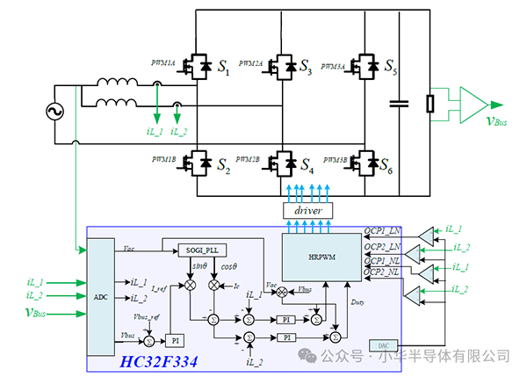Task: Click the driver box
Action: point(307,212)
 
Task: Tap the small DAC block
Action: point(382,345)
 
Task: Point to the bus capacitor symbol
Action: point(401,104)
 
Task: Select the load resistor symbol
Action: point(430,104)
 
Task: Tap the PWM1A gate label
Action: point(163,63)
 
